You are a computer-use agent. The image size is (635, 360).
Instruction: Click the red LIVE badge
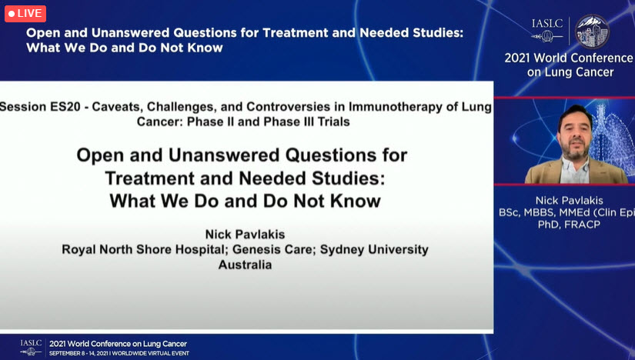click(x=25, y=13)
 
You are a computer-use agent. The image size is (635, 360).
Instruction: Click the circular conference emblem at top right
click(x=592, y=31)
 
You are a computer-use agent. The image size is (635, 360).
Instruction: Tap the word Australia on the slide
click(x=245, y=264)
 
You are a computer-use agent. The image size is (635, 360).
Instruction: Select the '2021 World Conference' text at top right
click(x=568, y=58)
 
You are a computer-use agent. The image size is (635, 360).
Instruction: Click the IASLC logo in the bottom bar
click(x=32, y=346)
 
